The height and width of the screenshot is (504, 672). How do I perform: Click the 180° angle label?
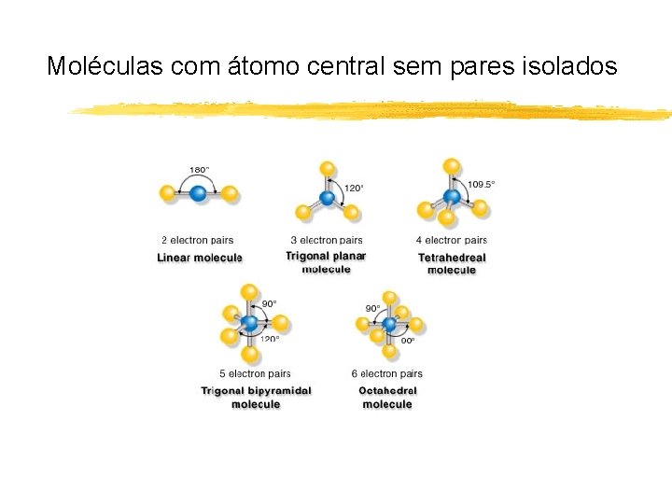(x=200, y=170)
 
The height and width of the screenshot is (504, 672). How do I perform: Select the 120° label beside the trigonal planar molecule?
(x=355, y=188)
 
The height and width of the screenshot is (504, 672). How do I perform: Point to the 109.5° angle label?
(x=481, y=184)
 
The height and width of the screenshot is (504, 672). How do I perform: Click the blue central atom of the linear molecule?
(x=199, y=194)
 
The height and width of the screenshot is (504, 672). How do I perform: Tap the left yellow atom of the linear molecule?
(x=167, y=194)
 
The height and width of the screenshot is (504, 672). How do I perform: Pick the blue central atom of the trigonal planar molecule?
(x=327, y=198)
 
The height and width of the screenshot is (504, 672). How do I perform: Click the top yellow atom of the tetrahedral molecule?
(x=452, y=167)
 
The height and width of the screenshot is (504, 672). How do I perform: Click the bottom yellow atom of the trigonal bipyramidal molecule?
(x=250, y=354)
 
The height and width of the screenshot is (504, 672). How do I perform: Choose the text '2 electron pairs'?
(x=197, y=241)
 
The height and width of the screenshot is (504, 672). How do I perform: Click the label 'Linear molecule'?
(x=200, y=258)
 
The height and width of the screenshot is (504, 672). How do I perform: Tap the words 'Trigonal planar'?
(x=326, y=256)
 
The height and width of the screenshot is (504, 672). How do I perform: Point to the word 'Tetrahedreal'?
(x=452, y=258)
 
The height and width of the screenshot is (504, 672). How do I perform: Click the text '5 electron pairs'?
(x=255, y=374)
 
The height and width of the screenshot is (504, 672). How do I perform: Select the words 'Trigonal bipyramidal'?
(x=256, y=391)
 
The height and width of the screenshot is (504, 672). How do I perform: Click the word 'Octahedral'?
(x=387, y=391)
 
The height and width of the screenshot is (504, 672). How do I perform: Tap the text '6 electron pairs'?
(x=387, y=374)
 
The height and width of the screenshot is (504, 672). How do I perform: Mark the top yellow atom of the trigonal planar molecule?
(x=328, y=168)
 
